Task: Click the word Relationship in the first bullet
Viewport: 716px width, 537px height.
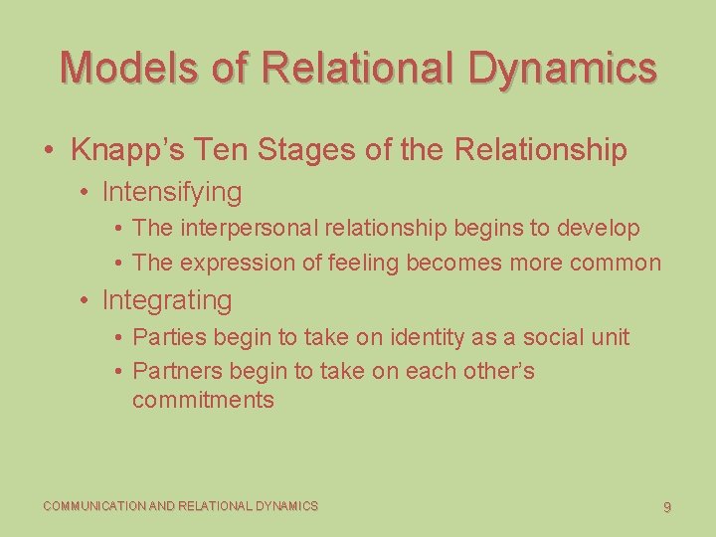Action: pos(540,150)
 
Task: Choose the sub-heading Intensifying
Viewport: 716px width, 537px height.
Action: pos(172,191)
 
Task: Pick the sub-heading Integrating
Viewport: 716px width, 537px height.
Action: pos(167,299)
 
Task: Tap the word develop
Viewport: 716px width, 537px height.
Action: pos(600,228)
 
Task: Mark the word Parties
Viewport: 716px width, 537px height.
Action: pos(168,337)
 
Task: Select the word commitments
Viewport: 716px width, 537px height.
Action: pos(203,400)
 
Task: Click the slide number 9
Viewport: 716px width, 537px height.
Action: pos(667,507)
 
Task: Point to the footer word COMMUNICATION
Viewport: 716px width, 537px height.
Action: pos(94,506)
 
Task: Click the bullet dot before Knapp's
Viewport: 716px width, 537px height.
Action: pos(49,151)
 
